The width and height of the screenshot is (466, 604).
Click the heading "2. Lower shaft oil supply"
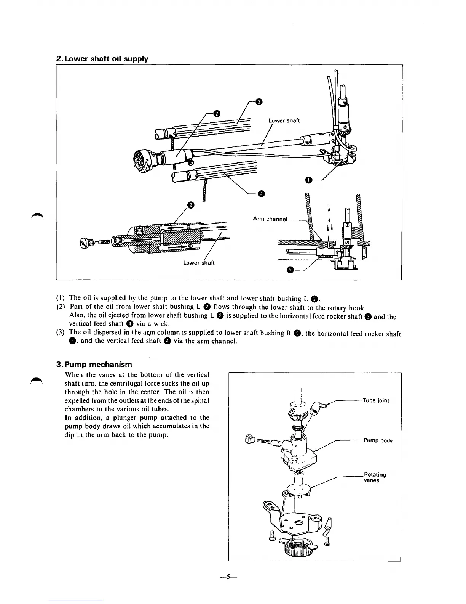click(102, 59)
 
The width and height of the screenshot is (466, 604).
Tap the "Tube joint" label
click(376, 400)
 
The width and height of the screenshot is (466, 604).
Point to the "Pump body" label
click(378, 440)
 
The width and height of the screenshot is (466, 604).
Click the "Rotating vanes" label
click(375, 477)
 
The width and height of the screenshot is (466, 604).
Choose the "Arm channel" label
click(270, 219)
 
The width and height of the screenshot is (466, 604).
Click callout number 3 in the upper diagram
click(259, 101)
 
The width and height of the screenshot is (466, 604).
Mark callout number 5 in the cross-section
click(290, 270)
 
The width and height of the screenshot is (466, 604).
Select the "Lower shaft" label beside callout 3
click(284, 120)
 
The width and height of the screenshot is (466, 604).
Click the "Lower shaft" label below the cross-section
click(199, 263)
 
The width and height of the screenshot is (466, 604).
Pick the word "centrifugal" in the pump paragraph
click(126, 383)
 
